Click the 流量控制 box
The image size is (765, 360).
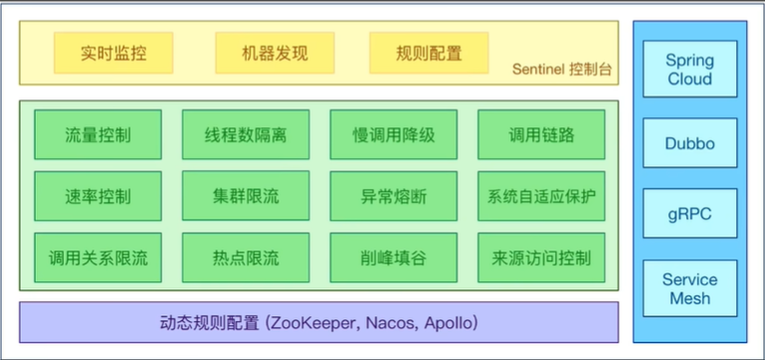click(97, 135)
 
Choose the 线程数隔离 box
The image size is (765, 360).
click(245, 135)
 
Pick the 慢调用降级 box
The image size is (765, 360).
click(394, 135)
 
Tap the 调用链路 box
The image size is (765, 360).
click(541, 135)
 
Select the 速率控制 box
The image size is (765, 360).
click(97, 196)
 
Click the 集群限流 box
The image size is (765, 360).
click(245, 196)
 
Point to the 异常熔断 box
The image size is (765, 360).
click(394, 196)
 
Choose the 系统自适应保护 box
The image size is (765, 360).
click(541, 196)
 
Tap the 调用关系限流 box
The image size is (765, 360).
click(97, 259)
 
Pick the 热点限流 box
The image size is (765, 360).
click(245, 259)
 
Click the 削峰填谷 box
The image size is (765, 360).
click(394, 259)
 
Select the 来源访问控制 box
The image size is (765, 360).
click(541, 259)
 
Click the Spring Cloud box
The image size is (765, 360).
click(689, 70)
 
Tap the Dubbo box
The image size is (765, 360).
click(689, 144)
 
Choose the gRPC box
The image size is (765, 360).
click(689, 214)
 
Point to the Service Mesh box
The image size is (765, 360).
click(689, 288)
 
